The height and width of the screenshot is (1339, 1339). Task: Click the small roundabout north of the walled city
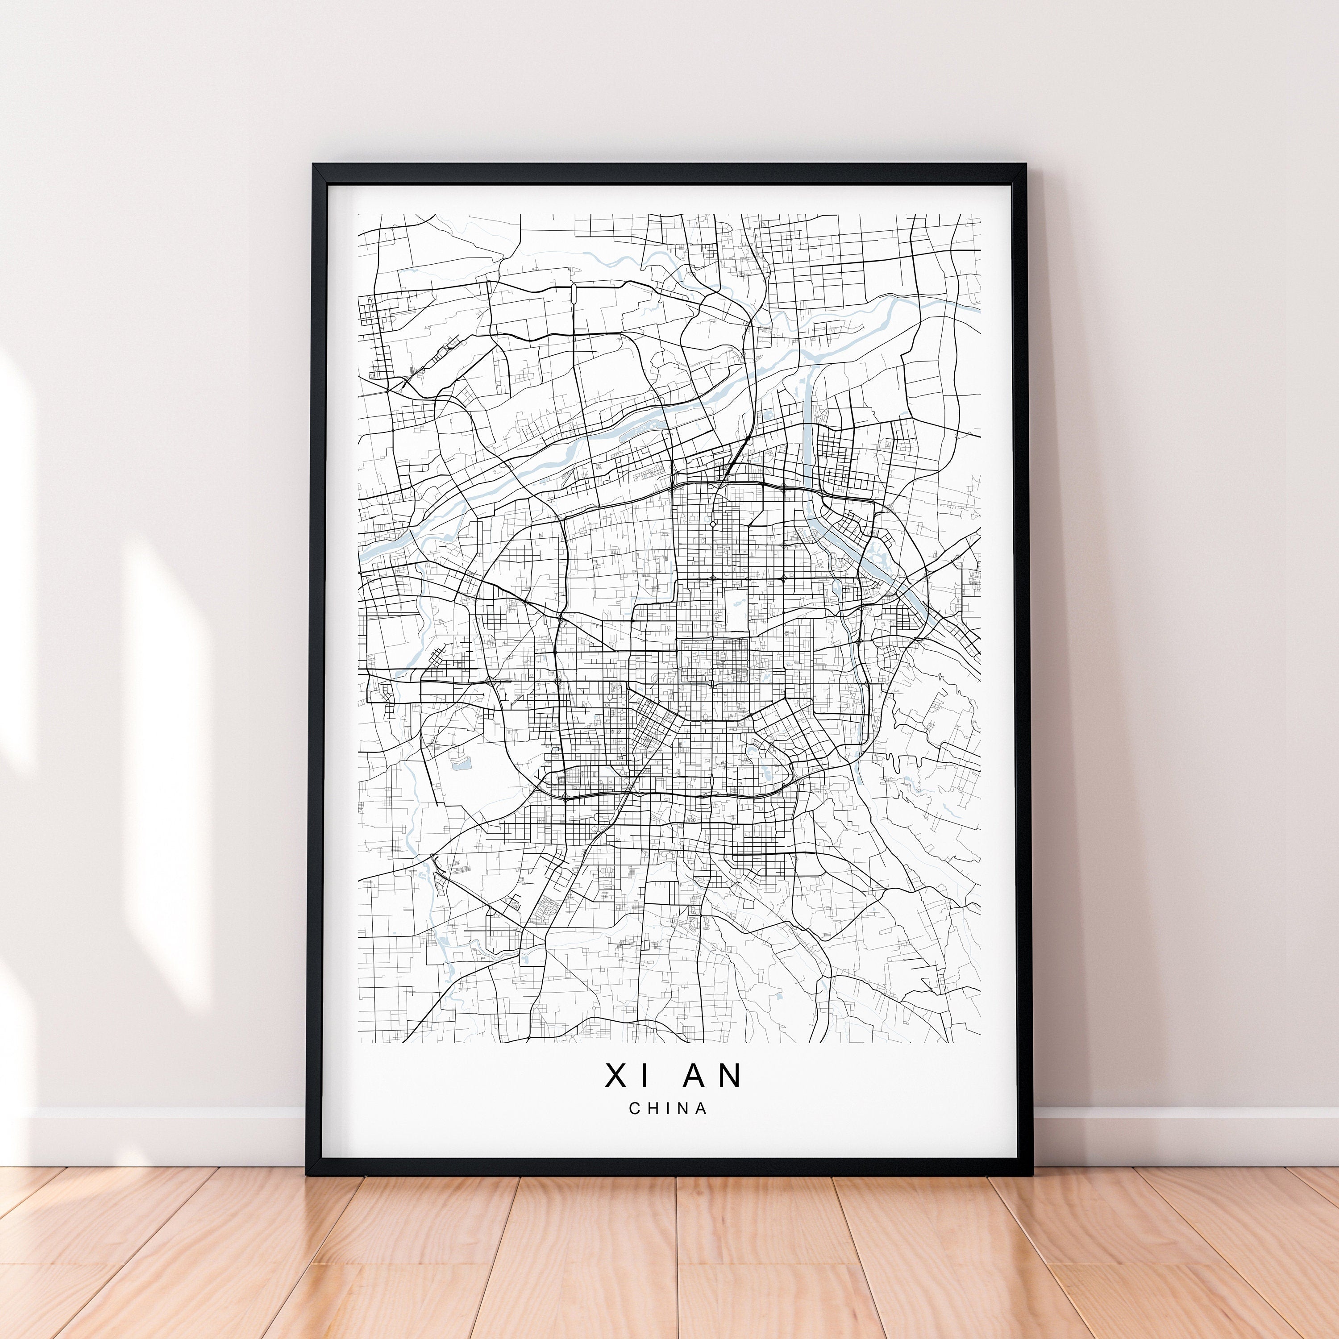(x=712, y=524)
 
